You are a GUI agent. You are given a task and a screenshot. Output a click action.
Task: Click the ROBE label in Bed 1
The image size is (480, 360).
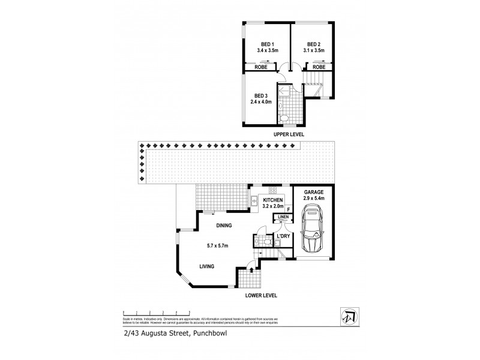[x=262, y=67]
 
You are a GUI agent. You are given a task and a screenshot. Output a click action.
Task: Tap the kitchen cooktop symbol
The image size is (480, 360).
[x=272, y=189]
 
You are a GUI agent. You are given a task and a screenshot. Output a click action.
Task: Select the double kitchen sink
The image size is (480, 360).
[x=254, y=201]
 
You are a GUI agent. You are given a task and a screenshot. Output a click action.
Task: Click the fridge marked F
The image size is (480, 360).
[x=289, y=209]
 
